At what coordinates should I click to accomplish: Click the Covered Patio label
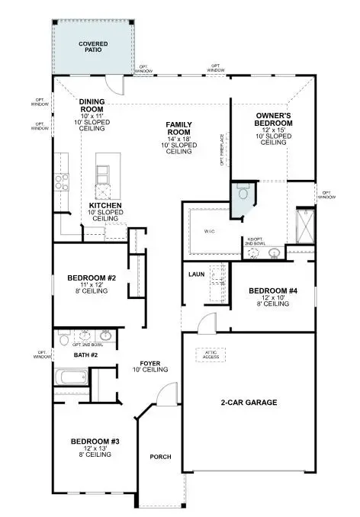pyautogui.click(x=93, y=47)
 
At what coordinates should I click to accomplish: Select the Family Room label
pyautogui.click(x=179, y=129)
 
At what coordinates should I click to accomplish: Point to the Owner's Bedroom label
pyautogui.click(x=274, y=119)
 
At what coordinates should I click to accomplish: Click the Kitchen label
pyautogui.click(x=105, y=206)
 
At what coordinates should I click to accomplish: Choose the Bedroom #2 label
pyautogui.click(x=91, y=278)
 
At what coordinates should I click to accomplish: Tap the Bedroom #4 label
pyautogui.click(x=272, y=291)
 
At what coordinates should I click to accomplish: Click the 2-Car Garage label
pyautogui.click(x=248, y=402)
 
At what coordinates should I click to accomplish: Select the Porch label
pyautogui.click(x=160, y=457)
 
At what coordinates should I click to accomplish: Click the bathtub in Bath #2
pyautogui.click(x=70, y=376)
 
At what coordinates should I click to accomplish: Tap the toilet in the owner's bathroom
pyautogui.click(x=242, y=188)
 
